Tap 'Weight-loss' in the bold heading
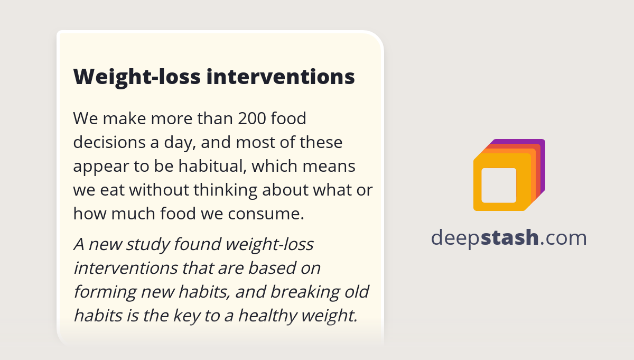(137, 77)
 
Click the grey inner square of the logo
(499, 185)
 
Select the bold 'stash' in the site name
(510, 238)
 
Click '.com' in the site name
(563, 238)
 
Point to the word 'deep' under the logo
(455, 238)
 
